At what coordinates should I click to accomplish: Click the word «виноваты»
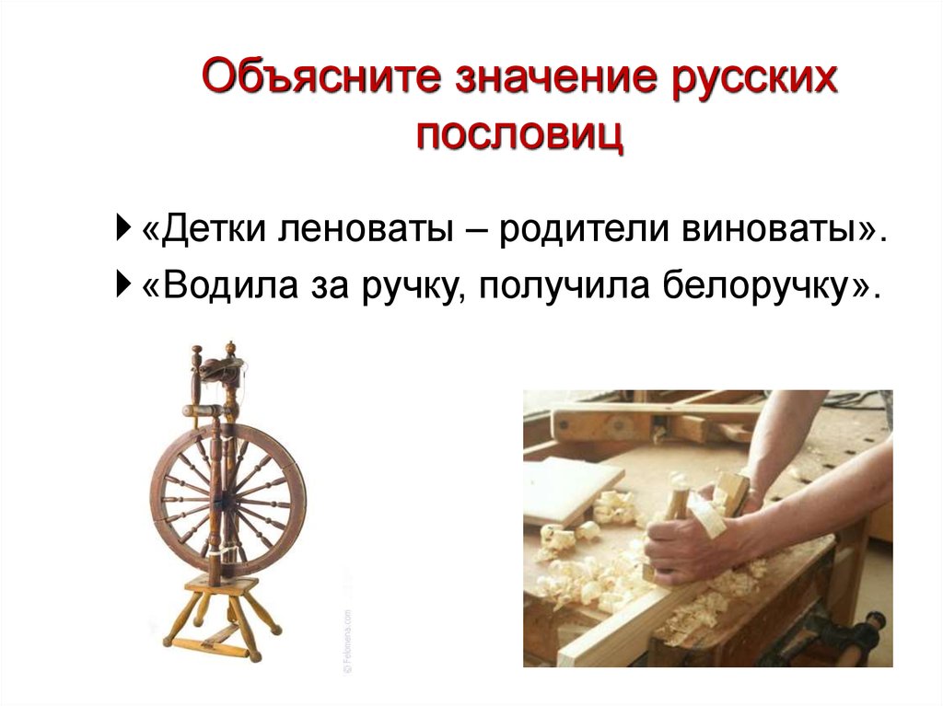(773, 228)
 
